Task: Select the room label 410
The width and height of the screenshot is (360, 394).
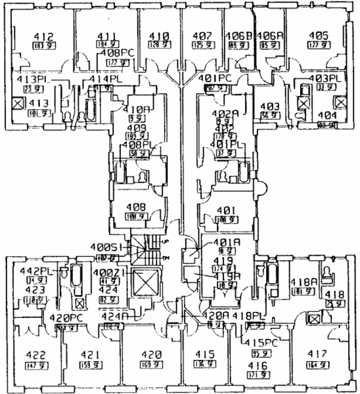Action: pyautogui.click(x=158, y=36)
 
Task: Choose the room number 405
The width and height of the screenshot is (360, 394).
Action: pyautogui.click(x=318, y=36)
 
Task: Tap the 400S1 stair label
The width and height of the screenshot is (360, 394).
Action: pyautogui.click(x=106, y=248)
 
